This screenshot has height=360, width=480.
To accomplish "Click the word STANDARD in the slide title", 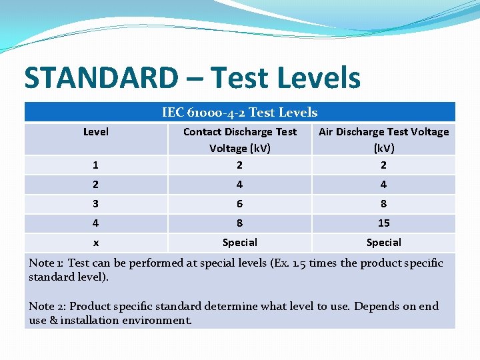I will point(100,77).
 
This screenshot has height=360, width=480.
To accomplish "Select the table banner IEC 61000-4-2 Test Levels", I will point(239,113).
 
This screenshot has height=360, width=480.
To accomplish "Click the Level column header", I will point(96,132).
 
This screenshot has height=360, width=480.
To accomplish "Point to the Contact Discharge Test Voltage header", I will point(239,139).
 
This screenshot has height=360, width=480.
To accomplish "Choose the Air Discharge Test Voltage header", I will point(383,139).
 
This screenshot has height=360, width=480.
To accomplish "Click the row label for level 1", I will point(96,165).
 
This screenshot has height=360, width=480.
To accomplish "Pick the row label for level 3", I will point(96,203).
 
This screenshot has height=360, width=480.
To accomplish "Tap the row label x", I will point(96,243).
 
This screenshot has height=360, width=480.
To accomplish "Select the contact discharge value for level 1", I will point(239,165).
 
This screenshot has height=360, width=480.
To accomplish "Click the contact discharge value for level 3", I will point(239,203).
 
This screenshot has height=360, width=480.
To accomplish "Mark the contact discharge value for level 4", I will point(239,223).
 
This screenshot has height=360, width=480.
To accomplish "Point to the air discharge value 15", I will point(383,223).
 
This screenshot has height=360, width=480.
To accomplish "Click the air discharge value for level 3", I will point(383,203).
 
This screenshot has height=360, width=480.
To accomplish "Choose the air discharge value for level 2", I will point(383,184).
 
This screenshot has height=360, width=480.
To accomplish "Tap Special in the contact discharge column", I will point(239,243).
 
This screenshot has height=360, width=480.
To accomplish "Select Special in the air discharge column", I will point(383,243).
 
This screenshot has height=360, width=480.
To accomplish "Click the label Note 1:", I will point(46,263).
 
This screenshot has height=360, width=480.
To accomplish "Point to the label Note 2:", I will point(47,307).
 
